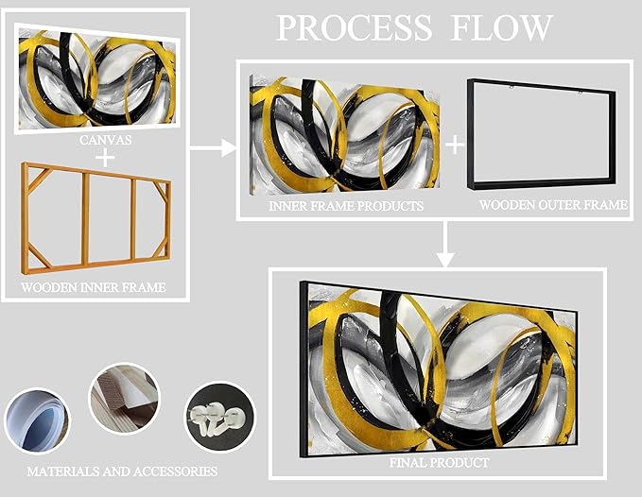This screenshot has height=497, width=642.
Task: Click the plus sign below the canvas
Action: coord(105,157)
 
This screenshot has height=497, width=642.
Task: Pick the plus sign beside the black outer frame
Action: coord(455,144)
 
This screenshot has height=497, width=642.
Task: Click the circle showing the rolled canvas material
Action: coord(36,419)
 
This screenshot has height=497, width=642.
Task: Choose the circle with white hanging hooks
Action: coord(220,417)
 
